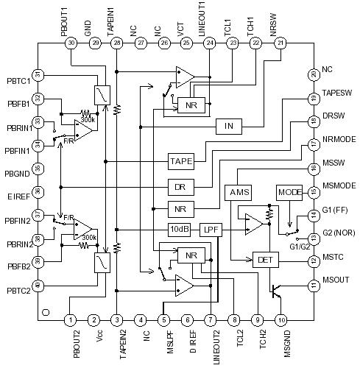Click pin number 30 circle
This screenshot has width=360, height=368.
[71, 43]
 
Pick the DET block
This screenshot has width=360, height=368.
[264, 259]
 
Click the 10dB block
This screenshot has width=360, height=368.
[180, 229]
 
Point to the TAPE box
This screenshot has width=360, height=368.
[180, 160]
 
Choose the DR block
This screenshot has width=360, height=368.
[180, 185]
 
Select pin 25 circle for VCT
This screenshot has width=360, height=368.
[186, 43]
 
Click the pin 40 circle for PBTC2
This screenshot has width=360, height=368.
[38, 285]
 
